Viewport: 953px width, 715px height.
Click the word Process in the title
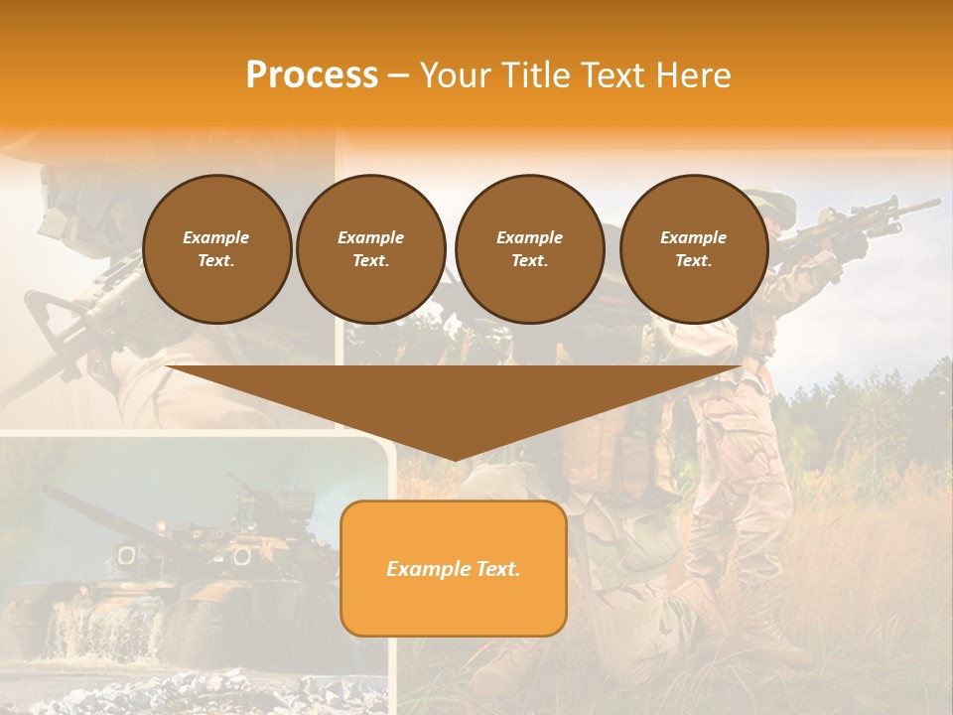pos(312,75)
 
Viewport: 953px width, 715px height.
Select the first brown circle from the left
pos(216,249)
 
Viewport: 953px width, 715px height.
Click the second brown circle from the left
pos(370,249)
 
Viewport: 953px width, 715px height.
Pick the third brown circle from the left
pos(529,249)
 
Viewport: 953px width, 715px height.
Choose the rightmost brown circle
pos(693,249)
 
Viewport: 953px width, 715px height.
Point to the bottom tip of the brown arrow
pos(454,459)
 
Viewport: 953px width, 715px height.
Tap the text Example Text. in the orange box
pos(453,569)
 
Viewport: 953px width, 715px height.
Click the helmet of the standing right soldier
pos(774,204)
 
